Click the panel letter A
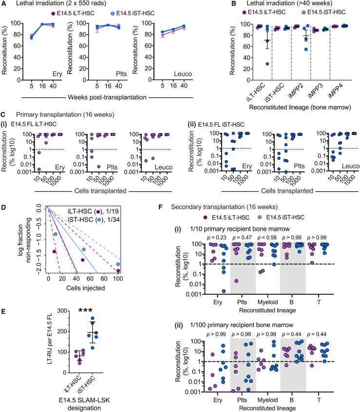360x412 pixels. click(4, 4)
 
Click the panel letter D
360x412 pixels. click(4, 207)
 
